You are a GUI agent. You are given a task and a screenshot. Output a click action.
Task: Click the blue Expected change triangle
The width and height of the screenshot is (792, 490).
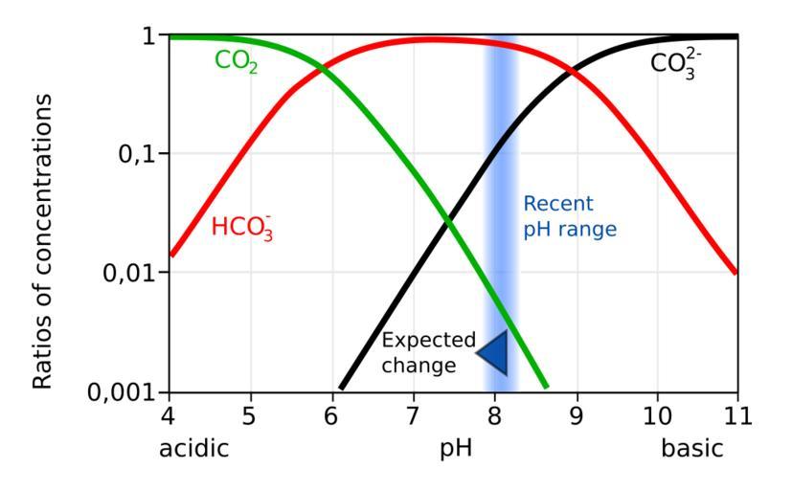click(x=492, y=351)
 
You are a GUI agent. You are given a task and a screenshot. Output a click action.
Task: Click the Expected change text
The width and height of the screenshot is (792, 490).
click(x=428, y=351)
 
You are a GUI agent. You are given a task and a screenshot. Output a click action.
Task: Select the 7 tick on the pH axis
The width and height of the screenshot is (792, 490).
click(x=413, y=417)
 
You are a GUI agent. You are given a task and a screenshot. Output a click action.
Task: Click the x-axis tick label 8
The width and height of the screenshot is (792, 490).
click(x=494, y=417)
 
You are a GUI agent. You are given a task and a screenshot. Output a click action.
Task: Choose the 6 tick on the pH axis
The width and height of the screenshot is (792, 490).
click(x=331, y=417)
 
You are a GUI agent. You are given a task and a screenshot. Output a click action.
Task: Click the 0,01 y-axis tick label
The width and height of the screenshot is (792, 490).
click(x=132, y=273)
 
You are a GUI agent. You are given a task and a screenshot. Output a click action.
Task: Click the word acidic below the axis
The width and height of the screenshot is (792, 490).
click(x=194, y=449)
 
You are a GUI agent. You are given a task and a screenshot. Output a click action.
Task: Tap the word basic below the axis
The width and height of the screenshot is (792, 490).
click(x=693, y=449)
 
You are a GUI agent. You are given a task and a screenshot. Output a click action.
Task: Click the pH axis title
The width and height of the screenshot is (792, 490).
click(x=456, y=449)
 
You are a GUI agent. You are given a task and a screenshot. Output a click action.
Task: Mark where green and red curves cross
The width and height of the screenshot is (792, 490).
click(x=322, y=69)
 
